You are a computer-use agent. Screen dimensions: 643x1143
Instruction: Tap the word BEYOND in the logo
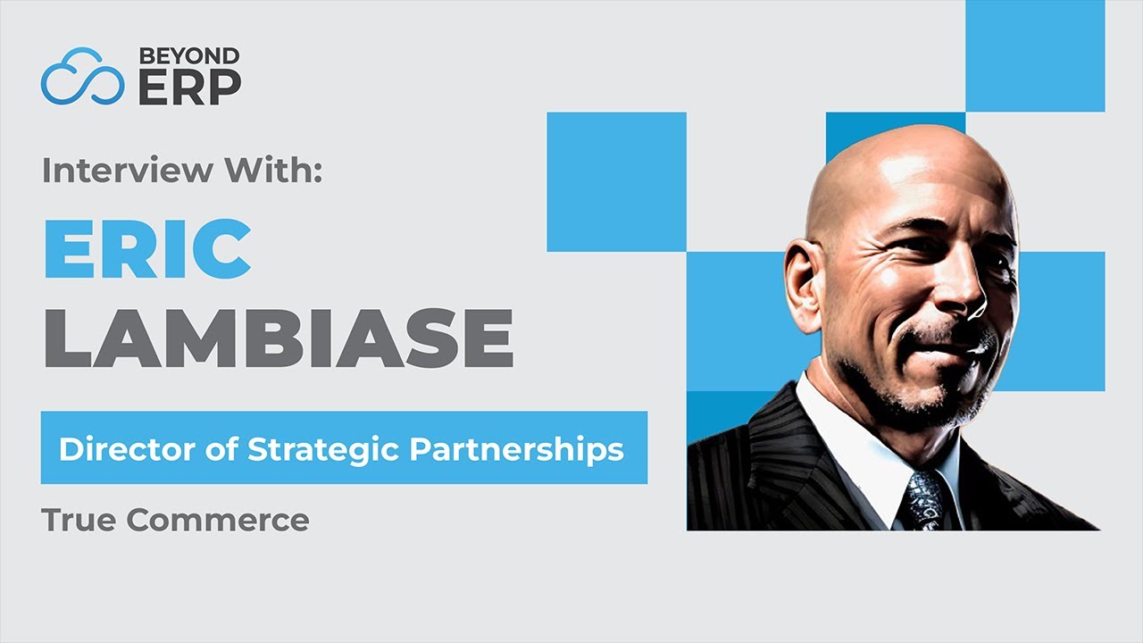[188, 56]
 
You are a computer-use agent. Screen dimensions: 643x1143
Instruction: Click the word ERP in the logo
[189, 87]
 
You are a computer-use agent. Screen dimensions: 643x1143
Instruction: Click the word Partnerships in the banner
[516, 448]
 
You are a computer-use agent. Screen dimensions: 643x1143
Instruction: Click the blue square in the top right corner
[1035, 55]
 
